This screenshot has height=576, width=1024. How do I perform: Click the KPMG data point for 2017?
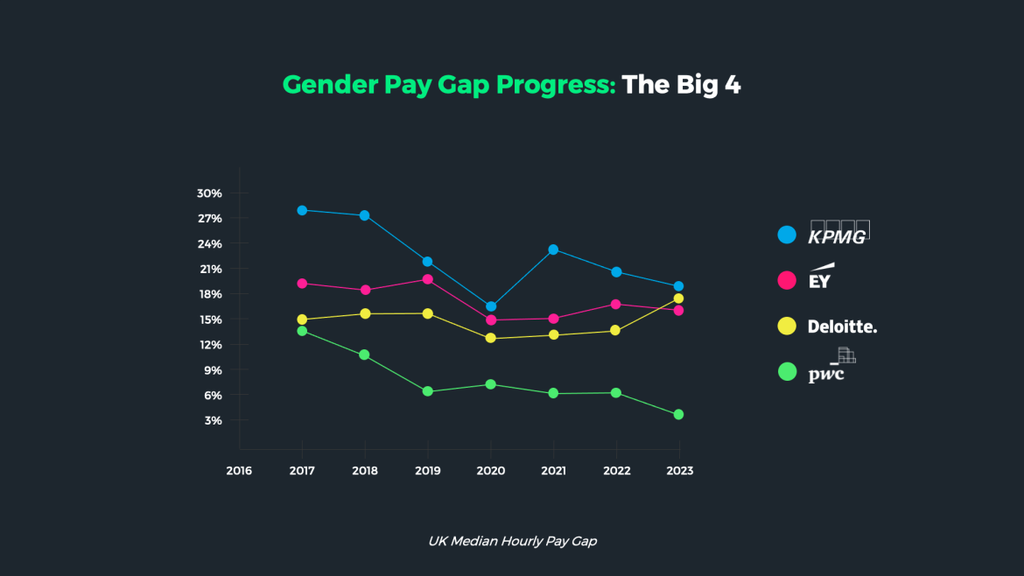302,210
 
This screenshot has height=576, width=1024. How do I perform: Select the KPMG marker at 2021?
553,249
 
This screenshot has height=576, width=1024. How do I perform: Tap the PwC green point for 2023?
678,414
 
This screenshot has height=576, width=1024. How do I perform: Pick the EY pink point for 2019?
427,279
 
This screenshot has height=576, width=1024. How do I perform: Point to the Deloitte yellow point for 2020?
491,338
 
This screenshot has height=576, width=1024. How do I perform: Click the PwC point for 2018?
365,355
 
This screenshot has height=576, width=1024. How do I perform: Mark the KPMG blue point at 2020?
491,306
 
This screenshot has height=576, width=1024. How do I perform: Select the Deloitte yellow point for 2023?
678,299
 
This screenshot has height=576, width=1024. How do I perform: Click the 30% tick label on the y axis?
209,193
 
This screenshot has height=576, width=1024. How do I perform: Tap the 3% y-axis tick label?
213,420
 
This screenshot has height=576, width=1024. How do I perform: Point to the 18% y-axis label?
210,294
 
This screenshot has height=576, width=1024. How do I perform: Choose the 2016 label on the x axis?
239,470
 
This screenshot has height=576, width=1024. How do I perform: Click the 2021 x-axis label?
553,470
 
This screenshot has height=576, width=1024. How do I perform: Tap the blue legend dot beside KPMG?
787,235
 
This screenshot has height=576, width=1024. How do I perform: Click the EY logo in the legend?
821,277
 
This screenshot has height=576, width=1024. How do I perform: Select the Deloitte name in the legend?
842,327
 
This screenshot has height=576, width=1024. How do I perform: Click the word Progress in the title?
556,85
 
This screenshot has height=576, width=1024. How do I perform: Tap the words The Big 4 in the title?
681,85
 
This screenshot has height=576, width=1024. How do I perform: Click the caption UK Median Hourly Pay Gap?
512,541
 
